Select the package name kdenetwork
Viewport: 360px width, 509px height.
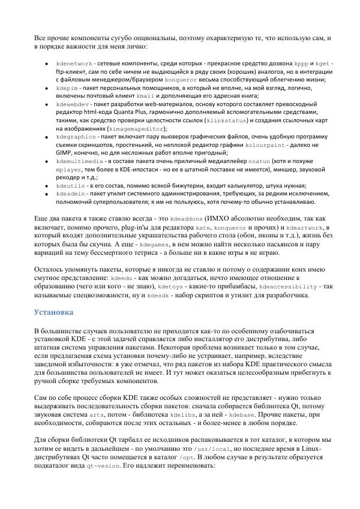pyautogui.click(x=73, y=63)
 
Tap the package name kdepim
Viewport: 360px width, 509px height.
pyautogui.click(x=66, y=88)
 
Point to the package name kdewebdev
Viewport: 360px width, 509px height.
pyautogui.click(x=71, y=104)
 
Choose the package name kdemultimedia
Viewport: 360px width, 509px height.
pyautogui.click(x=78, y=161)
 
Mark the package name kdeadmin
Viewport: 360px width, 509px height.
pyautogui.click(x=69, y=194)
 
